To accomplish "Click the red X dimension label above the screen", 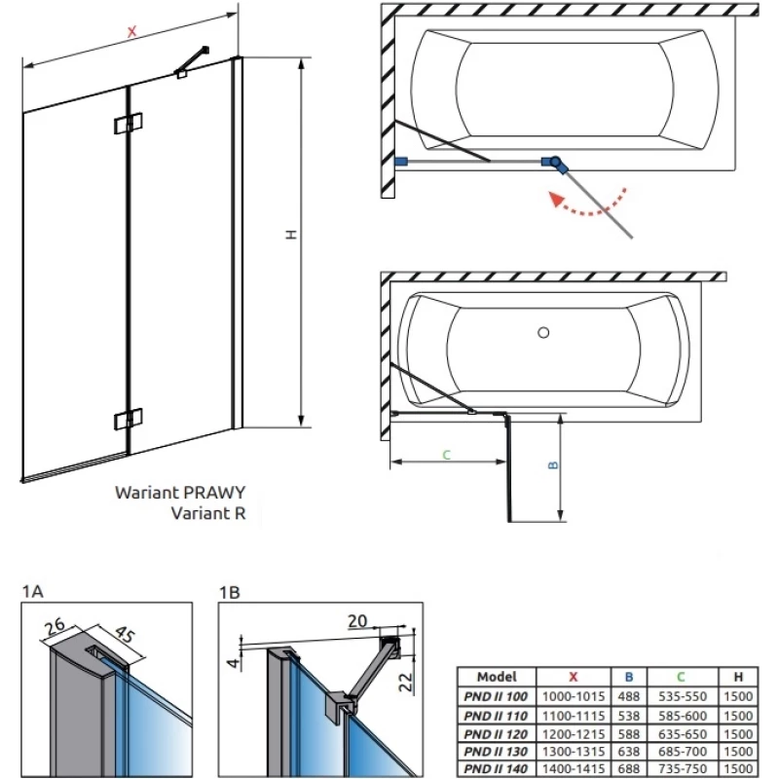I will pos(131,31).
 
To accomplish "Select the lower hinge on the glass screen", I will pos(128,419).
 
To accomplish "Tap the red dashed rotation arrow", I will pos(585,206).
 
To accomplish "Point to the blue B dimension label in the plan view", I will pos(551,465).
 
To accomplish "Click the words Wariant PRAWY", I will pos(180,493).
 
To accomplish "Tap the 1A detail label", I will pos(32,590).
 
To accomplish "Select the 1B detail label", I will pos(231,590).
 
